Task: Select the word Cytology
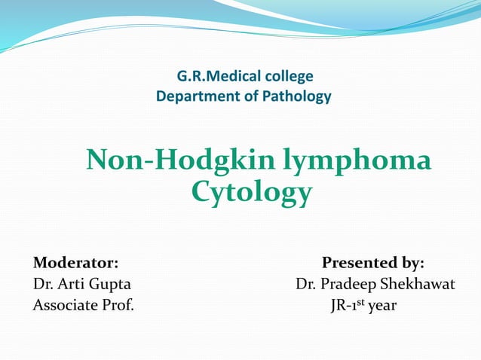point(251,192)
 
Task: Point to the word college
point(290,76)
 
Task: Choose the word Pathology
point(299,96)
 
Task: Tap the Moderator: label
point(75,263)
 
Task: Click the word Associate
point(65,306)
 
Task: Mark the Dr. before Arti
point(42,285)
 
